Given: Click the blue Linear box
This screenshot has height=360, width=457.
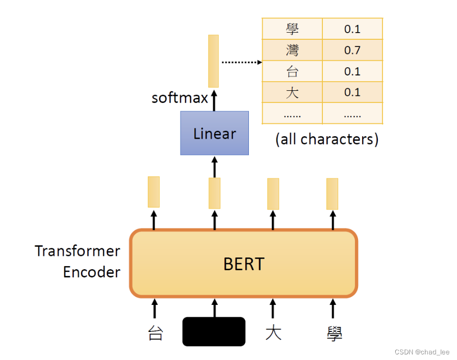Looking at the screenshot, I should [214, 133].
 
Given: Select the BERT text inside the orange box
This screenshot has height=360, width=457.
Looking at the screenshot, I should [244, 264].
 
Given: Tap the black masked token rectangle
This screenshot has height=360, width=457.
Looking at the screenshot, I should [214, 331].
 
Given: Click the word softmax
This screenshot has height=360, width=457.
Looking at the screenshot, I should [180, 97].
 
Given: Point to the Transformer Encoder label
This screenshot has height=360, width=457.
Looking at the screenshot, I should [78, 262].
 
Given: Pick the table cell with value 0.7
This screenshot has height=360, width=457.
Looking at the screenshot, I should [352, 50].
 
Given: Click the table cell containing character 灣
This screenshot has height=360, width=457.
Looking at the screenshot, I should [292, 50].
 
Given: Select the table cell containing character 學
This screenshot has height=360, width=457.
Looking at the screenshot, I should [292, 29].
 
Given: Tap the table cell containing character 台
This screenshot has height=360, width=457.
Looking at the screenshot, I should [292, 71].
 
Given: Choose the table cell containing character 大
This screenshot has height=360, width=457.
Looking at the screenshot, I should [292, 92].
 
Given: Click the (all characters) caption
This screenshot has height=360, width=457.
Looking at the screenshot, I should [326, 139].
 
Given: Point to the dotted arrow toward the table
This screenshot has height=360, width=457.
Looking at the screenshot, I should [241, 62].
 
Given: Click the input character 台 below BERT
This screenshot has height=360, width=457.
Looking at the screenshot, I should [155, 334].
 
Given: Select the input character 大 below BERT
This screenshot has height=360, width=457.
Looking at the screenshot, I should [273, 333].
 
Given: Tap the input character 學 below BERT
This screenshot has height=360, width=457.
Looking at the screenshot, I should [334, 334].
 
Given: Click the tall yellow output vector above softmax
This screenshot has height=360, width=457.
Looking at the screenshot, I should [213, 61].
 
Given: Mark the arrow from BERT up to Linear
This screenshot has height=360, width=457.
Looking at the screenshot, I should [214, 166].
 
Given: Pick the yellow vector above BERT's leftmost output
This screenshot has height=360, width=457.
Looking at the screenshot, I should [154, 192].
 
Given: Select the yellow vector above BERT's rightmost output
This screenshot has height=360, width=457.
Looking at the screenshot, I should [332, 194].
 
